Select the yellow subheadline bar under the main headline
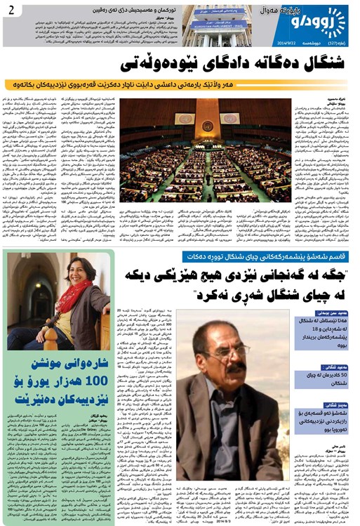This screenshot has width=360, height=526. coord(180,84)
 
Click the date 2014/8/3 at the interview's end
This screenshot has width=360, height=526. coord(218,520)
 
